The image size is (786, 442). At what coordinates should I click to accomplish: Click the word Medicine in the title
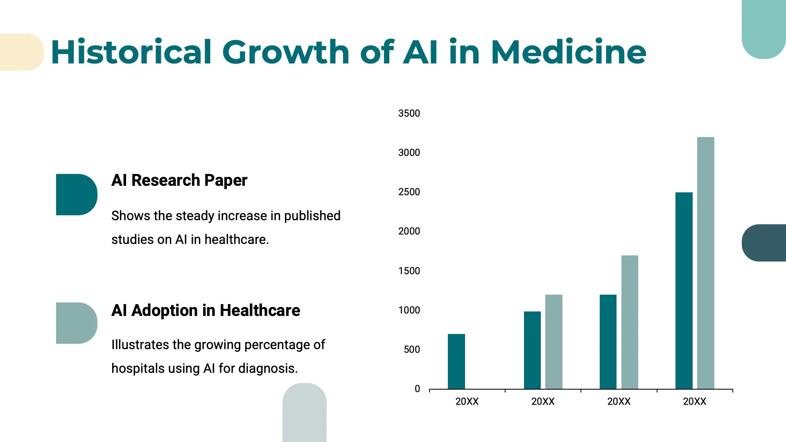click(568, 52)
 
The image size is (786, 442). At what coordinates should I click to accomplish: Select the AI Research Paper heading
click(179, 180)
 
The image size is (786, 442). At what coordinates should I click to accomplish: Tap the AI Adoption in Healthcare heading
click(206, 311)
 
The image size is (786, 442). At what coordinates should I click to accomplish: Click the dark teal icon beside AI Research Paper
click(76, 194)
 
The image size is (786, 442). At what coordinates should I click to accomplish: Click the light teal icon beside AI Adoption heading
click(76, 323)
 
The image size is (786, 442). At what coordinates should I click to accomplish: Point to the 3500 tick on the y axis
click(409, 113)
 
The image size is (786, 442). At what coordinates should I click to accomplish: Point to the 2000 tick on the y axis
click(409, 231)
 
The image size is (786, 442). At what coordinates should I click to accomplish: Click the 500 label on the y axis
click(411, 350)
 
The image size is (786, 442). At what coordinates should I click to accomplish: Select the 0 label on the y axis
click(417, 389)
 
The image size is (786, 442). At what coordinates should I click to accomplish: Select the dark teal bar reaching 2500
click(684, 291)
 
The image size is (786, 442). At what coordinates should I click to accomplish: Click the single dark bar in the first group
click(456, 361)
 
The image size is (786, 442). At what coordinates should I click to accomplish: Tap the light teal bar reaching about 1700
click(630, 322)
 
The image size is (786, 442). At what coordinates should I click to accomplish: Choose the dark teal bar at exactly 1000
click(532, 350)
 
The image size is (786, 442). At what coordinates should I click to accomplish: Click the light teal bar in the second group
click(553, 342)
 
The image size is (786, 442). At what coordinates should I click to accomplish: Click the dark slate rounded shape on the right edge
click(764, 243)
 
